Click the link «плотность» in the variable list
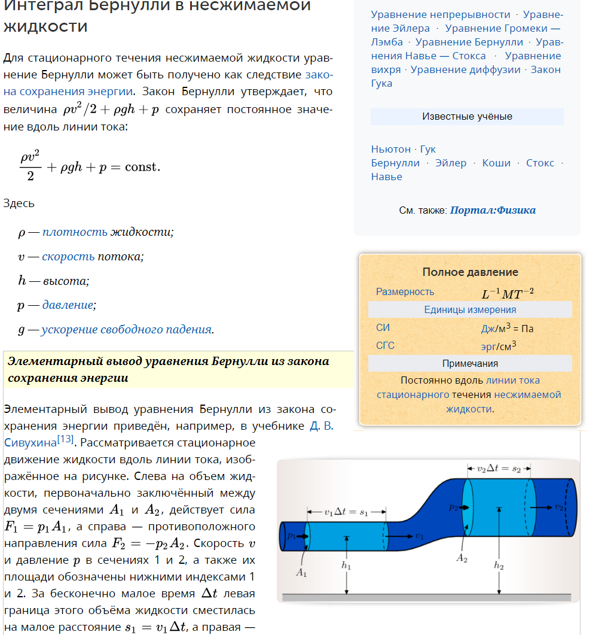pos(75,232)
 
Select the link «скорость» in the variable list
pos(68,257)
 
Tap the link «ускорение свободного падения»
pos(126,330)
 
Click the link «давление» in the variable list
pos(68,305)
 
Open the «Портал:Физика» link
pos(493,211)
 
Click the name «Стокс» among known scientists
pos(540,163)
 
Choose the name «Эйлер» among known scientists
pos(451,163)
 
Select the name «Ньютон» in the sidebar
pos(390,149)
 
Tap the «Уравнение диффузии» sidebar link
pos(466,69)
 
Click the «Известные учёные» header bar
pos(467,117)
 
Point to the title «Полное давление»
pos(470,272)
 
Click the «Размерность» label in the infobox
pos(405,292)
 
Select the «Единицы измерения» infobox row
pos(470,310)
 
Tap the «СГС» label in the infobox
pos(385,346)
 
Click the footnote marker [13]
pos(65,440)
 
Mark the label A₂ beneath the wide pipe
pos(462,558)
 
